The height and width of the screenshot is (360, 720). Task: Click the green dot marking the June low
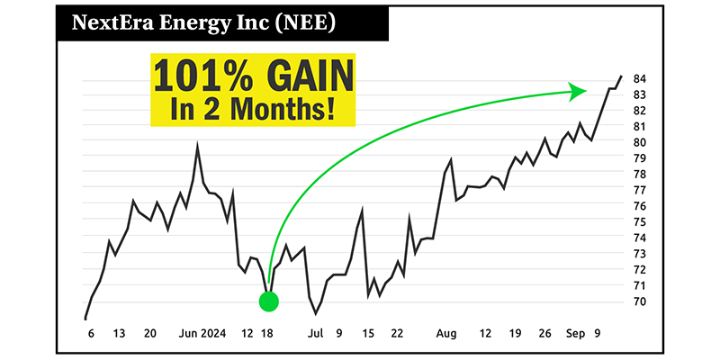269,301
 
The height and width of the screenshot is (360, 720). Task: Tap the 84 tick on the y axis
640,78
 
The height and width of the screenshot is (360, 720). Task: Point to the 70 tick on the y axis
640,301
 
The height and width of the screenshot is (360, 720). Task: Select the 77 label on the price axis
640,190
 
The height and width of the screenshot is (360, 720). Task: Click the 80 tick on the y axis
640,142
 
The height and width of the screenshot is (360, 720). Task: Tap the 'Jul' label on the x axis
316,333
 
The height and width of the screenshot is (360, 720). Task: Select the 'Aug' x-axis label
446,333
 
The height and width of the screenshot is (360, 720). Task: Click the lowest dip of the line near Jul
316,313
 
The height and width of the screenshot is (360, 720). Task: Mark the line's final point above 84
621,76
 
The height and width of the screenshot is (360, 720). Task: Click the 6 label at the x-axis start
91,333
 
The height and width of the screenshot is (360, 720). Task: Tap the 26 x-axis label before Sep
544,333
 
